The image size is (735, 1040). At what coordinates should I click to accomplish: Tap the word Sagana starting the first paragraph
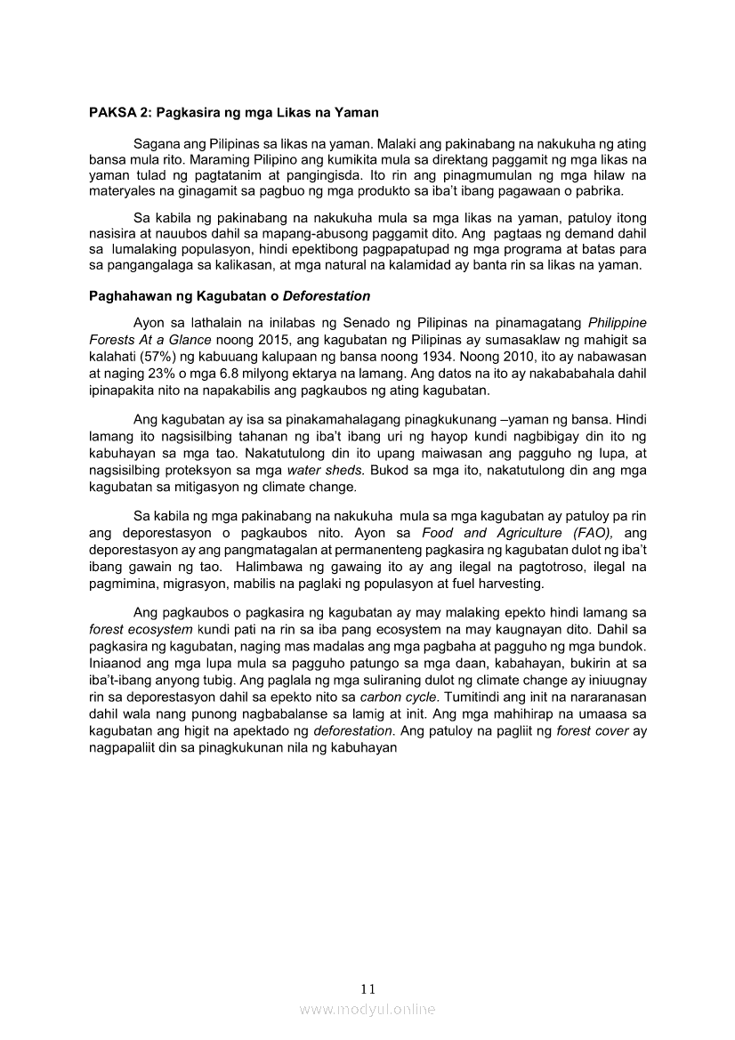(x=155, y=143)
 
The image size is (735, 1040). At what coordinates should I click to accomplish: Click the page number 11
(x=368, y=988)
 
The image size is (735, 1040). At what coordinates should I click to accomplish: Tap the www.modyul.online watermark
(x=367, y=1009)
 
